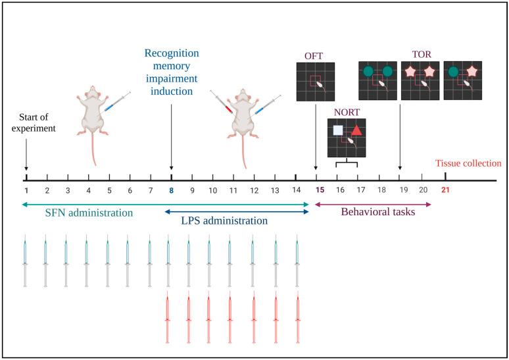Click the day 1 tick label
click(26, 190)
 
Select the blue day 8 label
click(172, 190)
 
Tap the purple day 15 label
click(320, 190)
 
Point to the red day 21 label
click(445, 190)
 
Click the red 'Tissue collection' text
click(471, 163)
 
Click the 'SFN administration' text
click(89, 213)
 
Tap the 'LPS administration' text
click(224, 221)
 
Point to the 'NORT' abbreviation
click(346, 112)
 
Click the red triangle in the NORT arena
click(356, 130)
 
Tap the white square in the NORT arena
click(338, 130)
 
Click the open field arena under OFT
click(316, 82)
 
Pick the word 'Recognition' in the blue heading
click(172, 53)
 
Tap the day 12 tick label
click(254, 190)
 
